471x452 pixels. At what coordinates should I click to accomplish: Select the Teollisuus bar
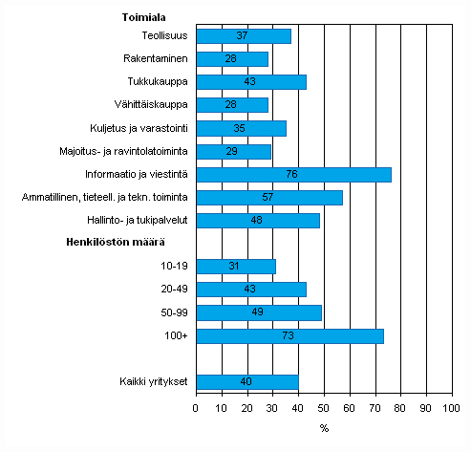tap(244, 36)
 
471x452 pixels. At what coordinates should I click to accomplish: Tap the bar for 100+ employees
tap(289, 335)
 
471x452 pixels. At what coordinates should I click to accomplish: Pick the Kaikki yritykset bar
tap(247, 382)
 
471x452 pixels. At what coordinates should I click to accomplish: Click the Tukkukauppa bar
tap(251, 82)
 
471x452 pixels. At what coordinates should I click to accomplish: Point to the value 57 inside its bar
tap(269, 198)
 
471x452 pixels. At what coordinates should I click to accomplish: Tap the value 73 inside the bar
tap(289, 335)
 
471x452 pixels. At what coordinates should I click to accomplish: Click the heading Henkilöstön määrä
tap(139, 243)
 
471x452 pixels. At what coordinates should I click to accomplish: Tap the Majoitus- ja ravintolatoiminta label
tap(125, 151)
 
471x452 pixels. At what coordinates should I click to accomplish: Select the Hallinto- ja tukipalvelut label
tap(137, 220)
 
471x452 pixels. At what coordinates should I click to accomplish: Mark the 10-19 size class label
tap(173, 267)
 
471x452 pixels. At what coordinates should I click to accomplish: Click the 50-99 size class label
tap(173, 312)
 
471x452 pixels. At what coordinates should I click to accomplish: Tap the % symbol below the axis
tap(324, 427)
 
